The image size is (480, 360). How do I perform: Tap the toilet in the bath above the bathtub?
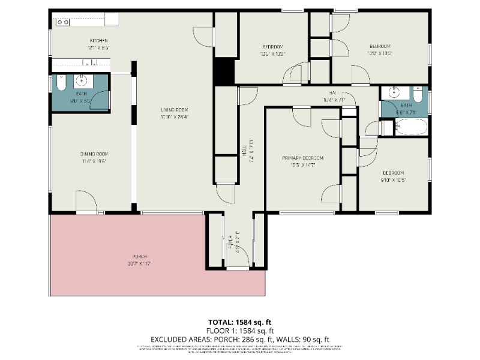point(418,94)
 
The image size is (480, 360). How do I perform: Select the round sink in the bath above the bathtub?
point(395,92)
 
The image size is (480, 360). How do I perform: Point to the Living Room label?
point(174,110)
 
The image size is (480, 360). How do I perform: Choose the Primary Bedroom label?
point(303,158)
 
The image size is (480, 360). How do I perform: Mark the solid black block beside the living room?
point(224,71)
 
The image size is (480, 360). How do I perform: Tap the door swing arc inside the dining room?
point(86,199)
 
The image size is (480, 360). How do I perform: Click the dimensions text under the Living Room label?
point(174,117)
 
